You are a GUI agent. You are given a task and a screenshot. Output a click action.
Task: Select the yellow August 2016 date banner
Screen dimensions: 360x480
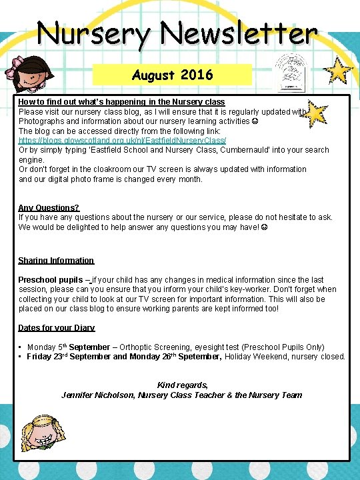coord(172,74)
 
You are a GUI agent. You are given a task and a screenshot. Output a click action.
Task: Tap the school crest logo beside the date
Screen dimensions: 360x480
coord(291,72)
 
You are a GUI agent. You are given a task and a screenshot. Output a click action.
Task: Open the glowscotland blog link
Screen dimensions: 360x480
coord(122,141)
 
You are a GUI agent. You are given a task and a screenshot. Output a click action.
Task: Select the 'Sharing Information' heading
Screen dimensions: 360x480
coord(56,261)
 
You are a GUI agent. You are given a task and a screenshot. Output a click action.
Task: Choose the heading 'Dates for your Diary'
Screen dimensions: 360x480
coord(56,328)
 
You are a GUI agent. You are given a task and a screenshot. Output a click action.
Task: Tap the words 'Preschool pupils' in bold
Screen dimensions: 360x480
coord(51,280)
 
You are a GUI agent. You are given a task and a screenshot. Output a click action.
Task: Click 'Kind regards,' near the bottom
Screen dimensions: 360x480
coord(182,385)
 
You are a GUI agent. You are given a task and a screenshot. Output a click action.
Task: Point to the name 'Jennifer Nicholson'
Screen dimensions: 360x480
coord(97,395)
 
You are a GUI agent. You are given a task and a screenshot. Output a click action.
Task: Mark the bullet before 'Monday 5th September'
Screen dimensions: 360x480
coord(21,347)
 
